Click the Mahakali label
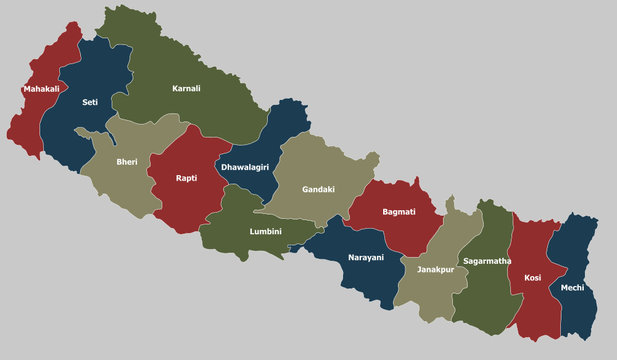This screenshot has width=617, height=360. point(40,89)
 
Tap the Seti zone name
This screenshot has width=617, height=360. point(90,102)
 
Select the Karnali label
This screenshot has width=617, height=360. point(186,88)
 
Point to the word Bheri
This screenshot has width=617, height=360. point(127,161)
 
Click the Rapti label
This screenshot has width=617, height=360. point(186,178)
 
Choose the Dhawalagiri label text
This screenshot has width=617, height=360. point(245,167)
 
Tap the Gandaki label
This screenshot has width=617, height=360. point(318,188)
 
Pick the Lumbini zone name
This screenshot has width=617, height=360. point(265,231)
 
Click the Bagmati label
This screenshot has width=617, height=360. point(399,212)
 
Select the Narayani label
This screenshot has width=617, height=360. point(365,257)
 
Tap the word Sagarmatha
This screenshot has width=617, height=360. point(487,260)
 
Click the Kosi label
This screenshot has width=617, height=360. point(532,277)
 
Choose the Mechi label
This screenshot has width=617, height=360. point(573,287)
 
